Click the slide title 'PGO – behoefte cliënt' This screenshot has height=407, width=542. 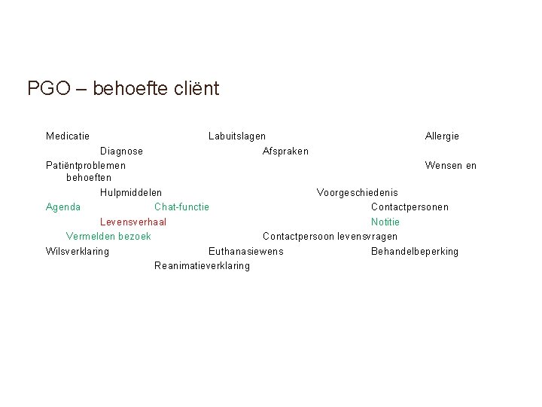pos(123,89)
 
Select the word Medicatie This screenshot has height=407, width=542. pos(68,136)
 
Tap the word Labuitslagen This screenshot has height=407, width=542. pos(236,136)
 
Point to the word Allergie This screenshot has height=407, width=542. pos(442,136)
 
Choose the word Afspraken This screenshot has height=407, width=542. pos(285,151)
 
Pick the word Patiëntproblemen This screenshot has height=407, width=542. pos(86,165)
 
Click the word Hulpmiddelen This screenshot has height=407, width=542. pos(130,193)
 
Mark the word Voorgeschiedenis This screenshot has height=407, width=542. pos(358,193)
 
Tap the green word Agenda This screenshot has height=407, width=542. pos(63,207)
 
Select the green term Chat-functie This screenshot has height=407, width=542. pos(181,207)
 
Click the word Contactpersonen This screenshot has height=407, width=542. pos(410,207)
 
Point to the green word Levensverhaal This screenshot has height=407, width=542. pos(133,222)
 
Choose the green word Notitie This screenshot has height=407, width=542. pos(385,222)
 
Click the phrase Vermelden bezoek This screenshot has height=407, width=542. pos(108,237)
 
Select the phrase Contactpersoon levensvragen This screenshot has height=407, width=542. pos(330,237)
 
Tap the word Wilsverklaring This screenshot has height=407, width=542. pos(78,251)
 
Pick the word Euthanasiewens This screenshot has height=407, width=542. pos(246,251)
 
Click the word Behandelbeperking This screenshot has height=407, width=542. pos(415,251)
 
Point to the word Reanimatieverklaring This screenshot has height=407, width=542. pos(202,265)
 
